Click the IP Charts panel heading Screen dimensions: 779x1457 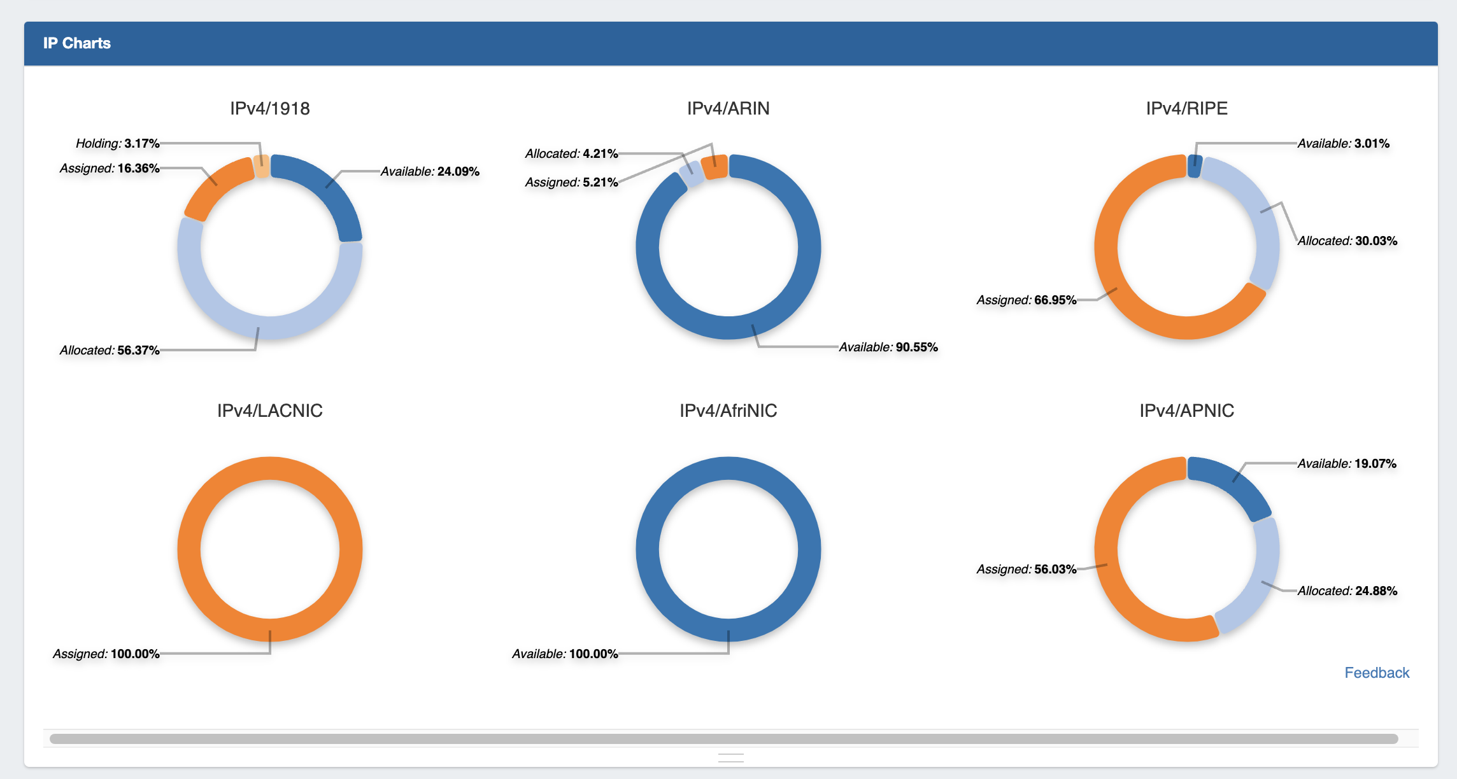click(77, 43)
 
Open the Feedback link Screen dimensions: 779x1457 click(1376, 673)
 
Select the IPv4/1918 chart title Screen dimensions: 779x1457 click(270, 108)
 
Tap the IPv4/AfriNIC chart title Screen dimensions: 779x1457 click(728, 411)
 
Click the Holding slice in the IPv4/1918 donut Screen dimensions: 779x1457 click(261, 166)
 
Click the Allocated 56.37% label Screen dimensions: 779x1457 click(110, 350)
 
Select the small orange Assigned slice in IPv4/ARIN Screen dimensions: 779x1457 click(714, 167)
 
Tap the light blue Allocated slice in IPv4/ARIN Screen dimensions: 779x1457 click(692, 173)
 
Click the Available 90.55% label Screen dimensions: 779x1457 click(888, 347)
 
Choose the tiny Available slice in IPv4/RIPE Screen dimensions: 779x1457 click(1195, 166)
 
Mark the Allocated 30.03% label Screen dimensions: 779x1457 click(1347, 241)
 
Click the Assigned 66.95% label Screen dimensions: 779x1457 click(1027, 300)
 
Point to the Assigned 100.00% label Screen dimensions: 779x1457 click(106, 654)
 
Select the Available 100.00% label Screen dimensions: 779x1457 click(565, 654)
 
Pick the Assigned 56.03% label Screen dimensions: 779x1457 click(1027, 569)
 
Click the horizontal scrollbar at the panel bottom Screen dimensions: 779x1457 click(723, 739)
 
